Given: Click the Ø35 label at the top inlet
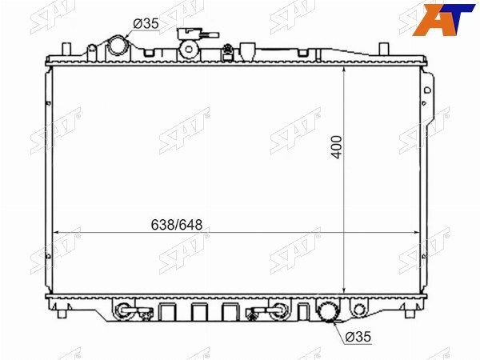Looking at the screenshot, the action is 146,23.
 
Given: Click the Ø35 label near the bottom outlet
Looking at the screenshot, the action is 358,337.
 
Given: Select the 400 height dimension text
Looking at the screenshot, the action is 337,147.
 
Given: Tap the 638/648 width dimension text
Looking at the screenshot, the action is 177,225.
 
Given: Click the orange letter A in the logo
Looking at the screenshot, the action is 432,20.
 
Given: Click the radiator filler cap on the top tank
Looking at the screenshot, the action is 189,49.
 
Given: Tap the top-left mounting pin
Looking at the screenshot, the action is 66,50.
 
